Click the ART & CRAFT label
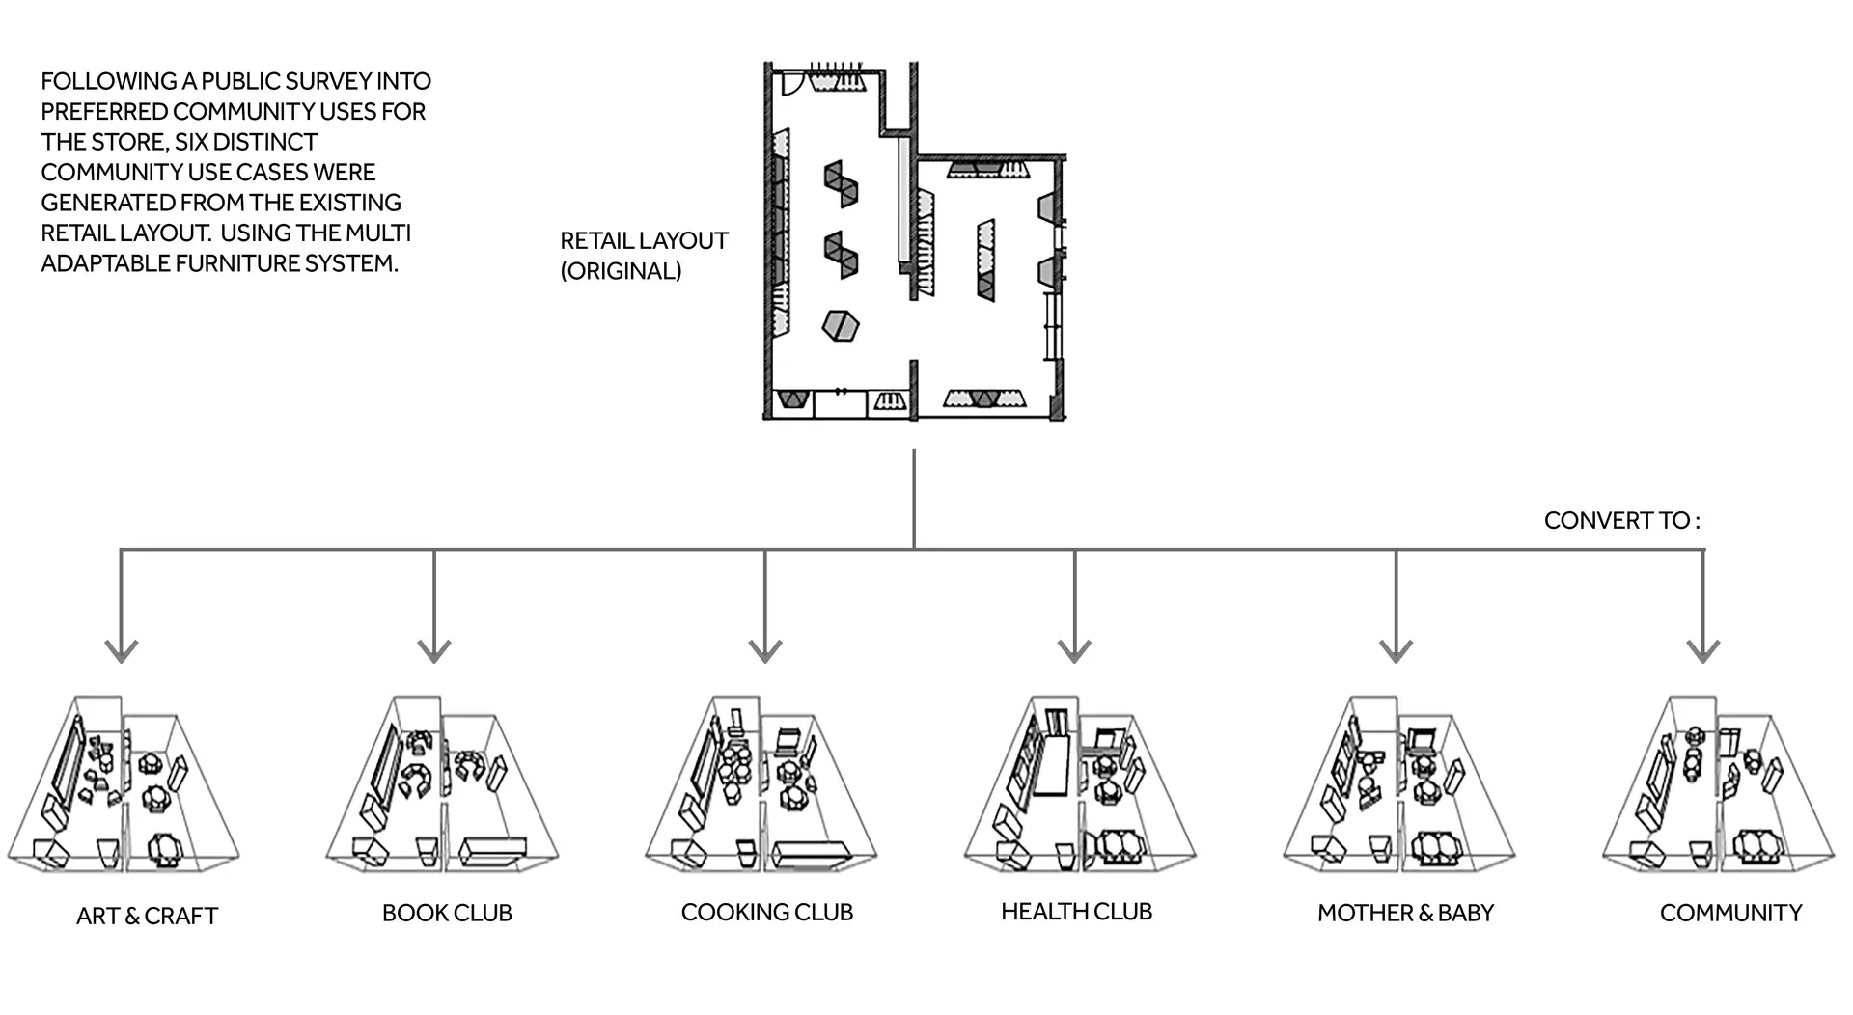coord(147,916)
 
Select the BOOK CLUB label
coord(447,913)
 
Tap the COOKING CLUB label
coord(767,912)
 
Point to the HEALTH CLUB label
coord(1076,911)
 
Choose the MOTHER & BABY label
coord(1405,913)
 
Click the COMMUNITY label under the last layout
coord(1730,913)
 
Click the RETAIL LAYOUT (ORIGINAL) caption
coord(644,256)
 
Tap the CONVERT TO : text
coord(1622,520)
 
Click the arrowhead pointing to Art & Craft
coord(121,651)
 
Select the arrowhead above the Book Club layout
coord(434,651)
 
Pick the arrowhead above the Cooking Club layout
coord(764,651)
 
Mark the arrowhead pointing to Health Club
coord(1074,651)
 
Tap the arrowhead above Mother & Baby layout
coord(1396,651)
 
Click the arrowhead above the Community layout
coord(1703,651)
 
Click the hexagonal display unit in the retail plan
coord(840,325)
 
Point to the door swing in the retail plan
coord(791,83)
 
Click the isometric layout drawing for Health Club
coord(1080,784)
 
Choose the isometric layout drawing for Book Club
coord(442,784)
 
